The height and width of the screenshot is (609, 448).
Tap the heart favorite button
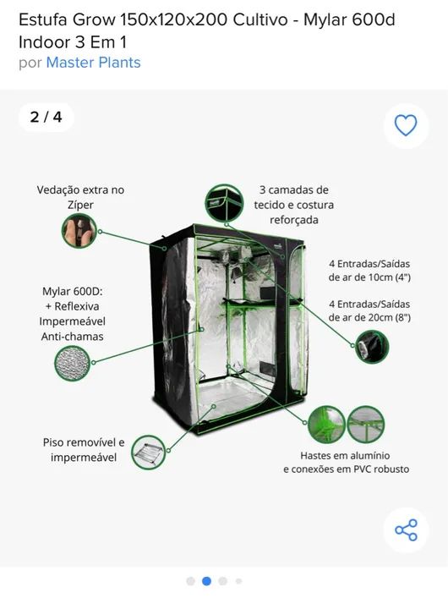tap(406, 126)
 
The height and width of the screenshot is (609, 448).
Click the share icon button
tap(406, 530)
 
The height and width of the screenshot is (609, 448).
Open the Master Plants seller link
tap(93, 63)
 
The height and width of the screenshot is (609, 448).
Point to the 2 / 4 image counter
tap(46, 117)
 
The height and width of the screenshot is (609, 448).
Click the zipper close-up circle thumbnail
tap(79, 230)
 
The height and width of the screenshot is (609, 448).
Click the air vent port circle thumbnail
tap(370, 346)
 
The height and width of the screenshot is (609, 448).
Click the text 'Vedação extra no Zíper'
tap(80, 197)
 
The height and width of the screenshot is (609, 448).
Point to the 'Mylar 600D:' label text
tap(72, 290)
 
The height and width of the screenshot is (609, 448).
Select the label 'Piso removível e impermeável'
tap(84, 450)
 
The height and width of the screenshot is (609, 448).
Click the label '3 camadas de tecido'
tap(294, 197)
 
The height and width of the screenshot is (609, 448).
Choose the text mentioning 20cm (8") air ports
tap(369, 310)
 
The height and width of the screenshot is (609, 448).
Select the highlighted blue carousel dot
tap(206, 581)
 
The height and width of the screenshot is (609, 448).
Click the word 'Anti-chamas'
tap(72, 337)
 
